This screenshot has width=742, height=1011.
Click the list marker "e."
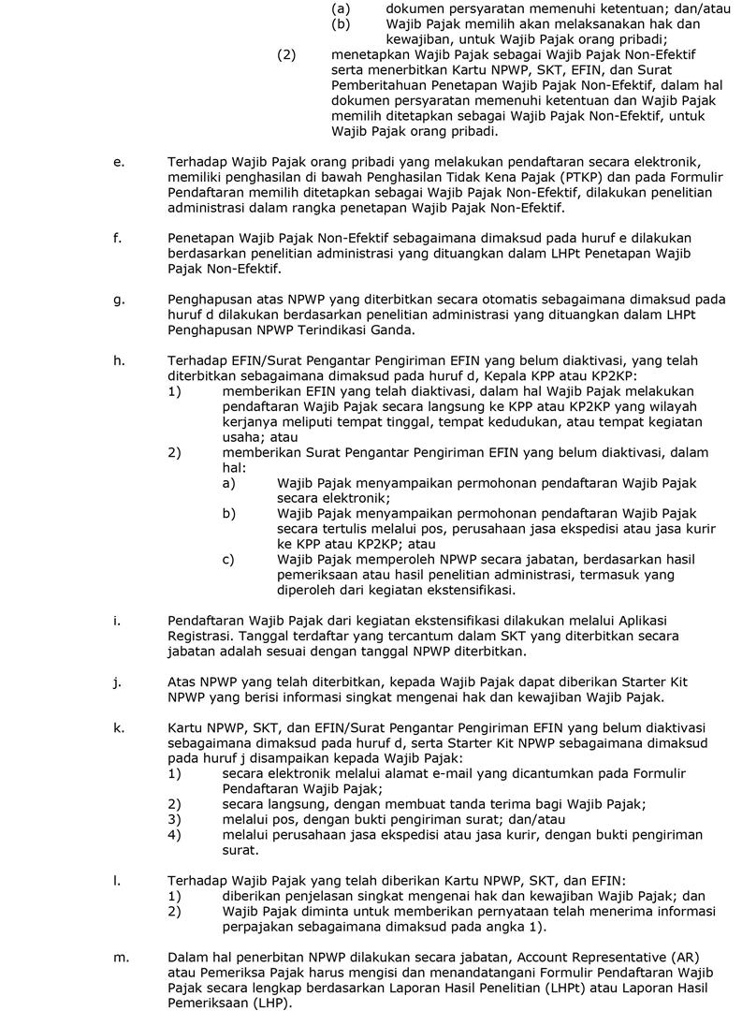click(x=118, y=162)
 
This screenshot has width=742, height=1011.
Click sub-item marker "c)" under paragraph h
click(x=227, y=560)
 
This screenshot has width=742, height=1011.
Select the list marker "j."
click(x=117, y=681)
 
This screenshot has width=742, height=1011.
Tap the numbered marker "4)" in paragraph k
click(x=174, y=834)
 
